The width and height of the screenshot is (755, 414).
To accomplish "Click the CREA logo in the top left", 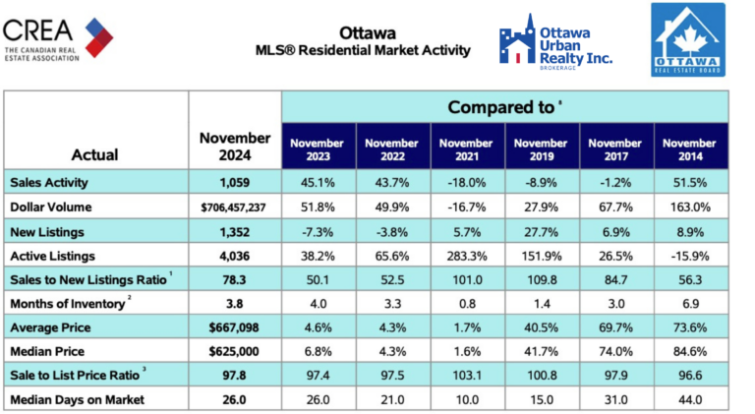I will [x=58, y=39].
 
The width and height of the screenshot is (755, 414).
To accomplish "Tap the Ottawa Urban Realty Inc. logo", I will [x=555, y=44].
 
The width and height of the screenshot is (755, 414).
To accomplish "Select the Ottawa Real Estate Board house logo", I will [x=687, y=40].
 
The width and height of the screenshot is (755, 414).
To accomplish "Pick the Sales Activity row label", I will [x=48, y=182].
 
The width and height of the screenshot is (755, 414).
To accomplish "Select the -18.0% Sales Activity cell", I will [x=467, y=182].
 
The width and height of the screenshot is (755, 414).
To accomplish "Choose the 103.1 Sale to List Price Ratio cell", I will [x=467, y=375].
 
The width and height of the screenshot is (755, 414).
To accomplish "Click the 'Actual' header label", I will [x=95, y=154].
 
